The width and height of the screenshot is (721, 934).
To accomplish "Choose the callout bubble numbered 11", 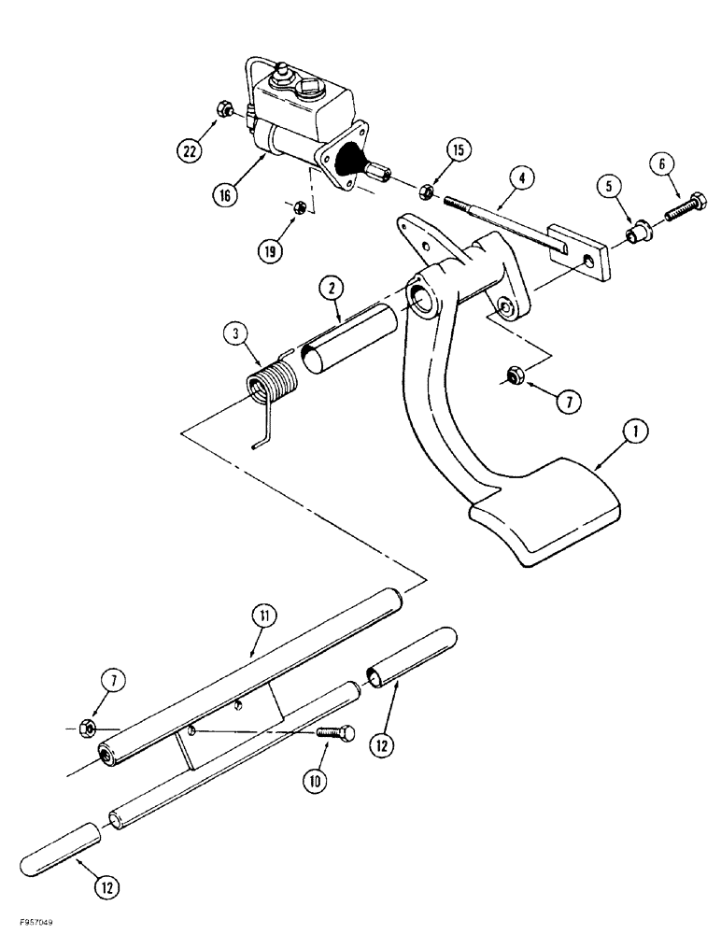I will coord(262,615).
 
